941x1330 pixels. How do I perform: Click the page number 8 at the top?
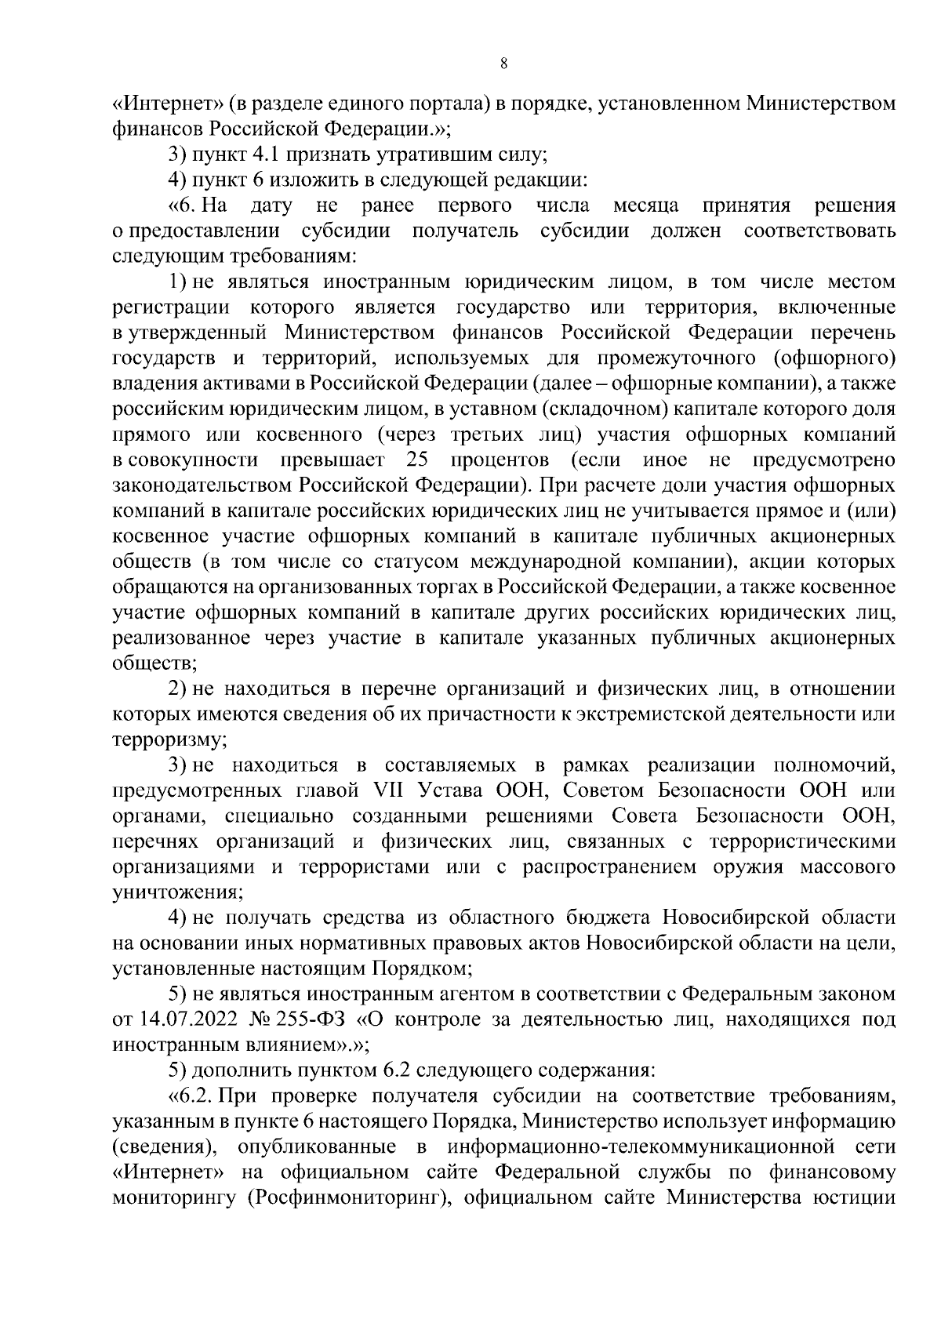tap(503, 64)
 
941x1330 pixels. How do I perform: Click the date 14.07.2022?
tap(186, 1020)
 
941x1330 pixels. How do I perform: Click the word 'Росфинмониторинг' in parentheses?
tap(344, 1198)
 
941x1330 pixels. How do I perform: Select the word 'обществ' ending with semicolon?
tap(154, 663)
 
